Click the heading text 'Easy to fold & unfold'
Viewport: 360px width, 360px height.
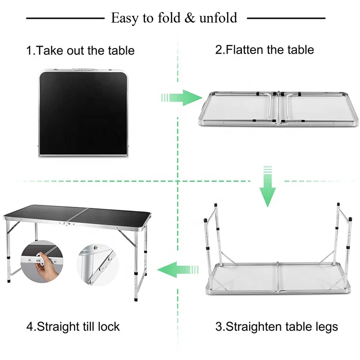point(174,18)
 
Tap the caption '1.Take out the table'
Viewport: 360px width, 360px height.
point(80,50)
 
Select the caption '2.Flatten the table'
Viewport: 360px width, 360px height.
point(264,49)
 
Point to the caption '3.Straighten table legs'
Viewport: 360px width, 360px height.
point(276,327)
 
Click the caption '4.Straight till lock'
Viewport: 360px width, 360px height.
point(73,327)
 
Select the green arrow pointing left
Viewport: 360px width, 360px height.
point(178,269)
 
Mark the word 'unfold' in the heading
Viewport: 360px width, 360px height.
point(218,18)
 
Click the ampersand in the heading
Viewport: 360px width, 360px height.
point(190,18)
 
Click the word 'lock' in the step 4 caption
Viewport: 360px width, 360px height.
point(109,327)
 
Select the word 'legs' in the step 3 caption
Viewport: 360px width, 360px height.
point(326,327)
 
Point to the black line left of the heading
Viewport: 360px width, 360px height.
point(65,19)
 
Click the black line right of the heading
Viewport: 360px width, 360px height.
point(286,19)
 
